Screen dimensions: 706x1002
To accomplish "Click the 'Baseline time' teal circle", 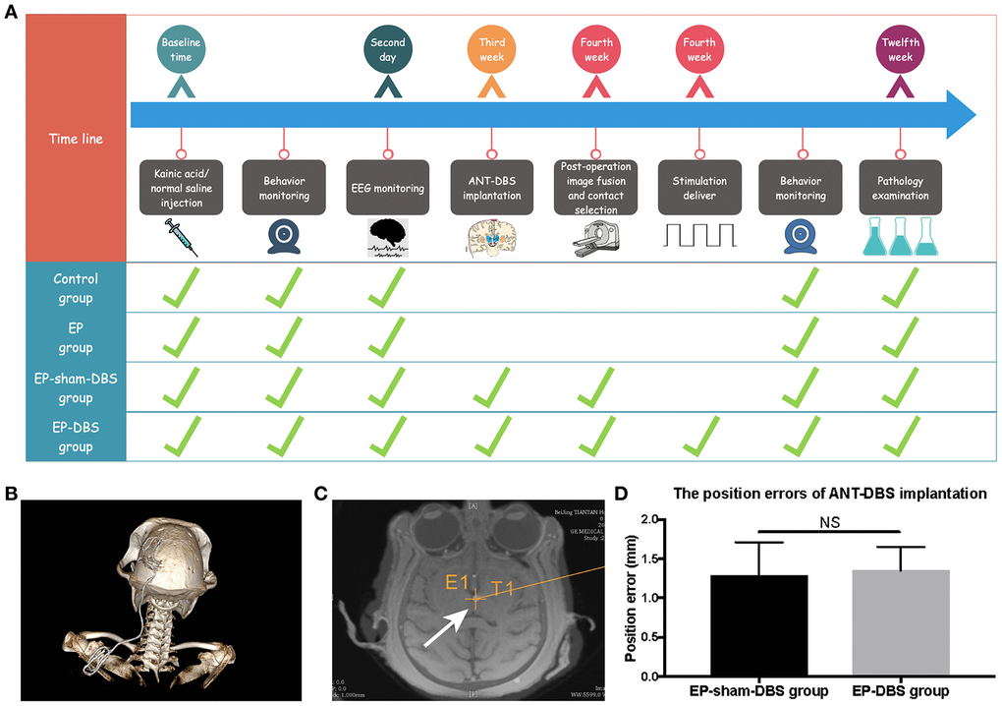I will [181, 50].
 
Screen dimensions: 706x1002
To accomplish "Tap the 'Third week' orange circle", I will [491, 50].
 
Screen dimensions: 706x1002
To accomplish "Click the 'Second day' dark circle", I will [387, 50].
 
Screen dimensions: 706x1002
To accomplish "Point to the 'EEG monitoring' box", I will [387, 188].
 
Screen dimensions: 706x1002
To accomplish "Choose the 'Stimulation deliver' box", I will [698, 188].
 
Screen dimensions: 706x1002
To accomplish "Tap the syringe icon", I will [180, 237].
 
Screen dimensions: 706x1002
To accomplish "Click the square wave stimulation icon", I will [698, 236].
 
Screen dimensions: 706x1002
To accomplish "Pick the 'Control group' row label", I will [76, 288].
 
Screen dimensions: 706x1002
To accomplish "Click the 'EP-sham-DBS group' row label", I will [76, 388].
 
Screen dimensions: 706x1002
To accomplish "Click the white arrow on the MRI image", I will [442, 626].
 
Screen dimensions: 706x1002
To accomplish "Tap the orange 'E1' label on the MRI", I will [458, 583].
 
